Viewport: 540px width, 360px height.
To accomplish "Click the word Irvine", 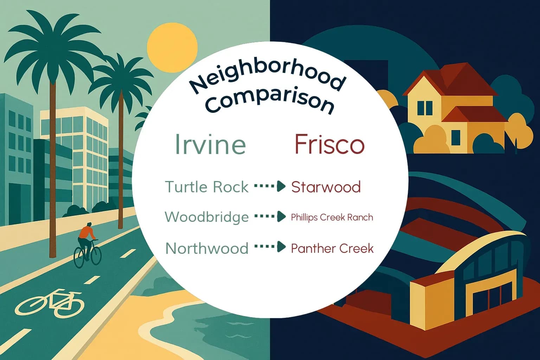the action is [210, 144].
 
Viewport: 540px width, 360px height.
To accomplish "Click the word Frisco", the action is [329, 144].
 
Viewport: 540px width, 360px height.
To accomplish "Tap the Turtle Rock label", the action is [207, 187].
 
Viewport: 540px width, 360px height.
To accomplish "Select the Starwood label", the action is [326, 187].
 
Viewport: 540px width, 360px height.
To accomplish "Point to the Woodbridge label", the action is [207, 217].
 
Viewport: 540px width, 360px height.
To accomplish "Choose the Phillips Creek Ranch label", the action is [332, 217].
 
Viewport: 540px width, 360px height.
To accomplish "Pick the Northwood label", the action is [207, 248].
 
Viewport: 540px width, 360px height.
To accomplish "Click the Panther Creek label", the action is [332, 248].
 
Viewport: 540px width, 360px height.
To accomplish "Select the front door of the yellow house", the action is [456, 137].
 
